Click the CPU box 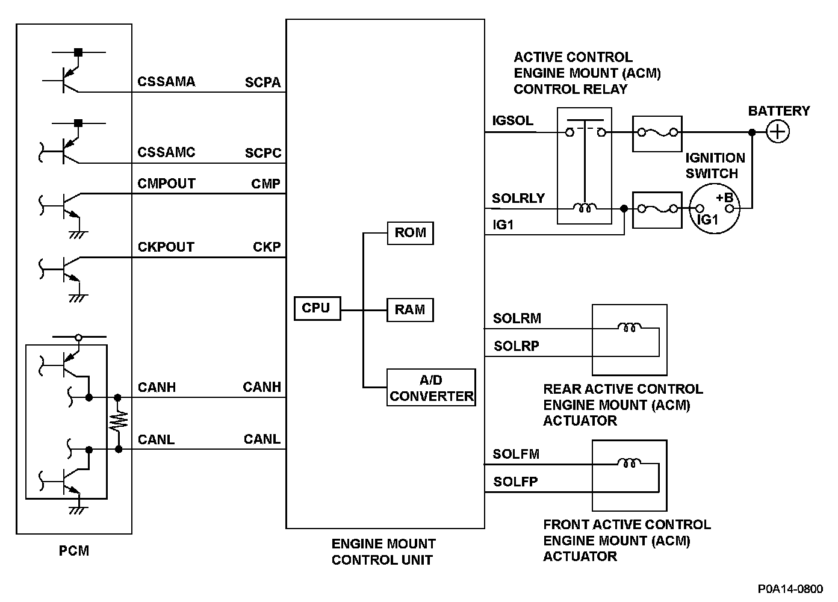317,308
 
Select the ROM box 410,233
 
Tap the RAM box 410,310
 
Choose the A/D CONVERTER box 431,388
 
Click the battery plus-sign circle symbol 778,132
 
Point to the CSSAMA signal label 166,82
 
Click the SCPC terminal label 263,153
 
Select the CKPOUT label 166,247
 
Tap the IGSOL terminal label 512,120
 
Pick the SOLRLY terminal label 518,198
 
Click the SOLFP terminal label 515,482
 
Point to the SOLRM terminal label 517,318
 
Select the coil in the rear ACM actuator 630,328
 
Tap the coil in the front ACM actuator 630,464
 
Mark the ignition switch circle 715,209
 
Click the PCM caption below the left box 74,550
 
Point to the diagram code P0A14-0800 790,589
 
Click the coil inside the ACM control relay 584,208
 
